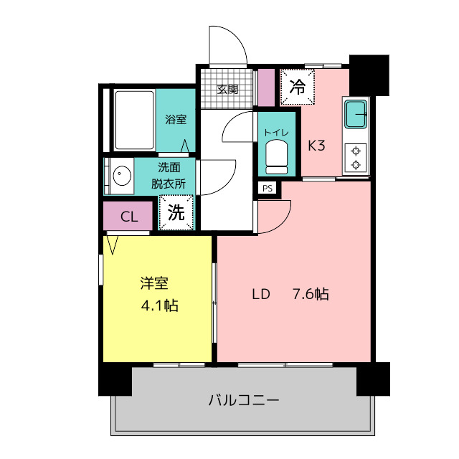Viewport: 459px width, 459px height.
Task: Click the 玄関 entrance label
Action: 227,89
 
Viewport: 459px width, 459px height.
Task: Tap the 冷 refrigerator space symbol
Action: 298,87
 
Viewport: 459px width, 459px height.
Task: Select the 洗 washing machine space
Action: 176,212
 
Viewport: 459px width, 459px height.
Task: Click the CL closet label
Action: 129,217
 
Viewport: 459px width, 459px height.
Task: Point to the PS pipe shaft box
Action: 268,188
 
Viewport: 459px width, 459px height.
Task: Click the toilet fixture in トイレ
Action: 276,157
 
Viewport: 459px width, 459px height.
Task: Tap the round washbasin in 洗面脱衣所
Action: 122,176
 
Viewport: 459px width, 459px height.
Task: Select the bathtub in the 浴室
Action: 134,120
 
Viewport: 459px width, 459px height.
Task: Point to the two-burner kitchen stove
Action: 356,158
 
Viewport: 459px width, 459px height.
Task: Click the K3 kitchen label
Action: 316,146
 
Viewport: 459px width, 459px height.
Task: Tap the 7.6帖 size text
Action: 311,294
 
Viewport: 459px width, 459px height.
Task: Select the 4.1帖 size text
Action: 159,306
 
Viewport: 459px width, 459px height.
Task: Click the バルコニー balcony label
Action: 244,400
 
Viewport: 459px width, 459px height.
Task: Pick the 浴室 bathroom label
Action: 176,120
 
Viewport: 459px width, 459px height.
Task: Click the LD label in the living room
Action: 261,294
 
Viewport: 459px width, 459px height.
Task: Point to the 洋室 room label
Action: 154,283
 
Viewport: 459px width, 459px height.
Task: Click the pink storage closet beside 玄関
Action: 266,87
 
